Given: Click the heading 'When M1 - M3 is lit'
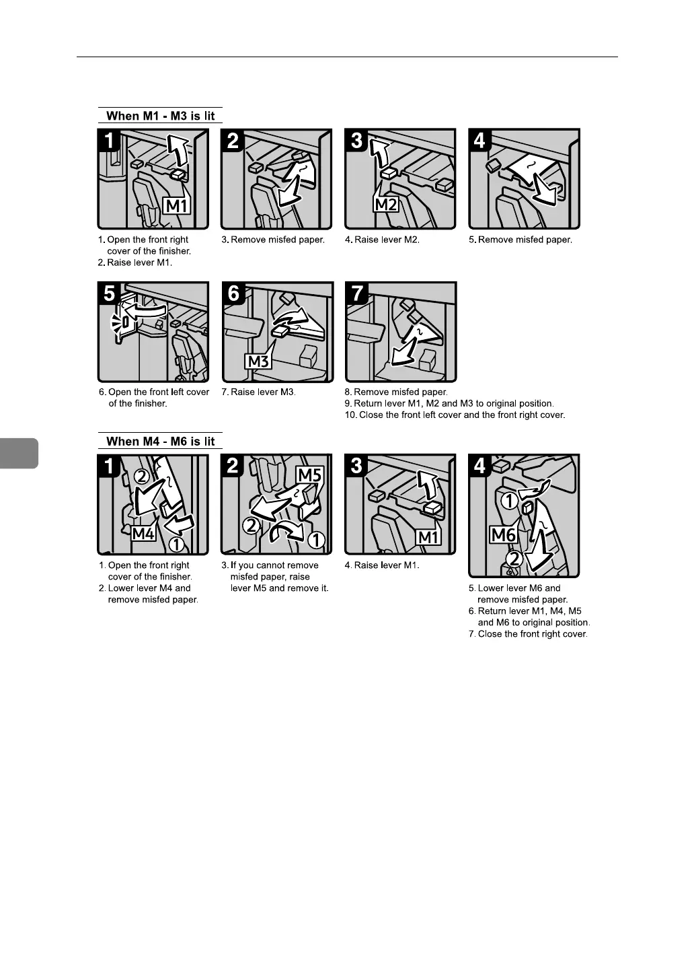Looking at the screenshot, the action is [x=161, y=116].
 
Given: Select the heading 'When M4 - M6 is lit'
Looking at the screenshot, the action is [x=161, y=442].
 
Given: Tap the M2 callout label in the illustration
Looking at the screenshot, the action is [x=386, y=205].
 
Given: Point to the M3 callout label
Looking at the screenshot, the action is [x=258, y=361].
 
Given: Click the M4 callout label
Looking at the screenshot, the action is [x=144, y=533].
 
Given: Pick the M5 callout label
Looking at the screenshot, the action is [x=309, y=475].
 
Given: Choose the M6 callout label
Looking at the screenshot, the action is [x=504, y=534].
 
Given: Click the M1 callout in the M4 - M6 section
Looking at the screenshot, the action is [x=429, y=537].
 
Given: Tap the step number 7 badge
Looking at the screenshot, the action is [x=358, y=293].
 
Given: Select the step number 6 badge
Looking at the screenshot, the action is [x=234, y=293].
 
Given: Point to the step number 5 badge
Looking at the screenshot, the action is [x=109, y=293].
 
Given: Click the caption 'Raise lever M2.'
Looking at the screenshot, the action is [x=387, y=240].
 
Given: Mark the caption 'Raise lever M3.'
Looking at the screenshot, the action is [x=263, y=392].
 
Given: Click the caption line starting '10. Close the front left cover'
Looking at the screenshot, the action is [x=455, y=415].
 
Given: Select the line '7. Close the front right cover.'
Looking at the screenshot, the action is [x=528, y=634].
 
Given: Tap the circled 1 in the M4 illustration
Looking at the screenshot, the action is [x=177, y=545].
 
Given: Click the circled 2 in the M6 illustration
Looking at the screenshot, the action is [x=514, y=559].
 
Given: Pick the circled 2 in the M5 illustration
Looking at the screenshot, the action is [x=251, y=525].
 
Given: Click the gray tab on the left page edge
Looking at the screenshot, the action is [x=19, y=454].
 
